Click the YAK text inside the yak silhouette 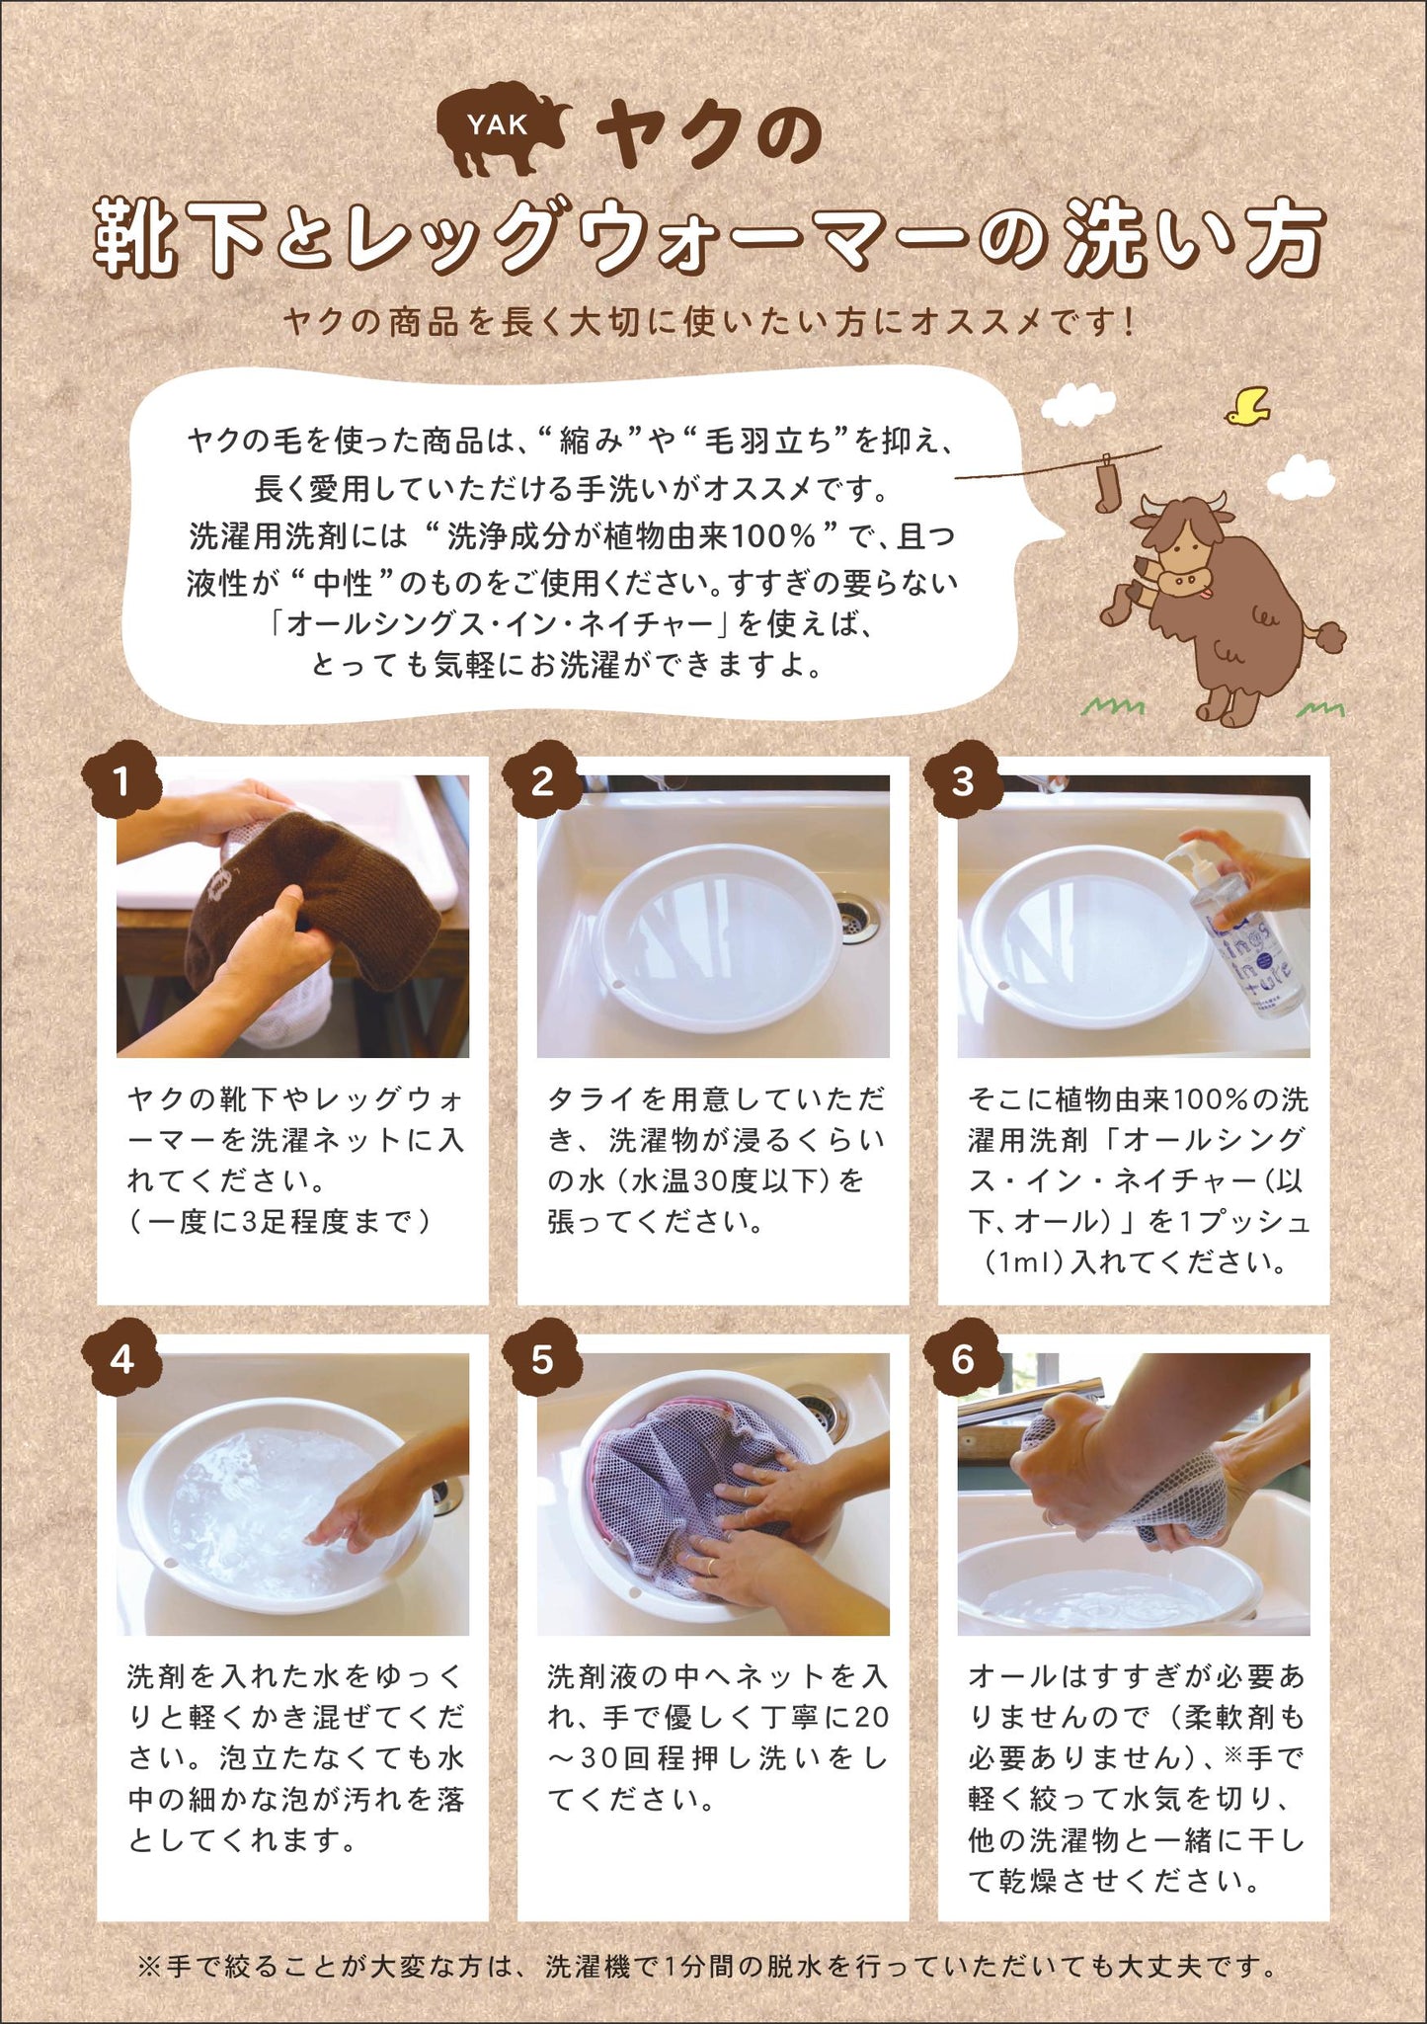(498, 124)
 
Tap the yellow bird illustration (1248, 405)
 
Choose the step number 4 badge (121, 1359)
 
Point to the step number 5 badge (542, 1359)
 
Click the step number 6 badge (963, 1359)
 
